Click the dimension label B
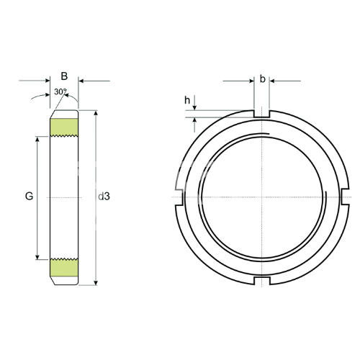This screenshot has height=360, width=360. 64,76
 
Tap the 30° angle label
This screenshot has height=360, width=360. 60,91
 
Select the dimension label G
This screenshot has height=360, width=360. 29,197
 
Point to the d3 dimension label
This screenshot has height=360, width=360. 104,197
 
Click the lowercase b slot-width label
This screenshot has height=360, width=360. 263,78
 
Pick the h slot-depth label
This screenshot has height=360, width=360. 187,100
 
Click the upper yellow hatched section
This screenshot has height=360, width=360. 64,127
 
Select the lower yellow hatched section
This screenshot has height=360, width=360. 64,268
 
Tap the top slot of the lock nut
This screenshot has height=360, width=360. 261,114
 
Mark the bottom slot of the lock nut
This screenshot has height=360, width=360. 262,281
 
